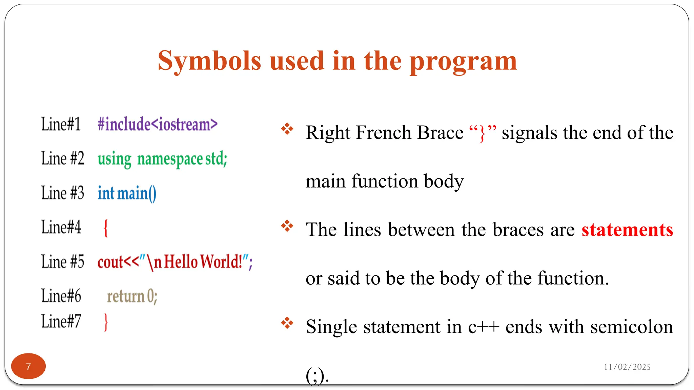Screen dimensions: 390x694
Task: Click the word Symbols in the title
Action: click(x=209, y=61)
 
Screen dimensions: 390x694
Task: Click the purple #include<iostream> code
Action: click(x=157, y=124)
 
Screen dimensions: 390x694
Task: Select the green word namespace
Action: click(x=170, y=159)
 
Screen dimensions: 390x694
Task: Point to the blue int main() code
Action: click(x=127, y=193)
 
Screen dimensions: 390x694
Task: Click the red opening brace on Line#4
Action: click(x=106, y=228)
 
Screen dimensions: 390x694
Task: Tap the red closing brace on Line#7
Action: click(x=106, y=322)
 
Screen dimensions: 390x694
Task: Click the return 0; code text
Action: click(x=132, y=297)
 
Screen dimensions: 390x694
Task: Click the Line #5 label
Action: click(x=63, y=262)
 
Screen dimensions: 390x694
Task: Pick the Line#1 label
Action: click(x=61, y=124)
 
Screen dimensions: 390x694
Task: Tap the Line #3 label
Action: click(x=63, y=193)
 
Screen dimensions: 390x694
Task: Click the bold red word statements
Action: click(x=627, y=230)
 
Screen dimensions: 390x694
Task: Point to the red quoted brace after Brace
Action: click(x=483, y=133)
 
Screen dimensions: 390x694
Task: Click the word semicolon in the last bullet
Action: click(x=631, y=327)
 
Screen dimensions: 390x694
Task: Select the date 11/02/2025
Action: click(x=627, y=367)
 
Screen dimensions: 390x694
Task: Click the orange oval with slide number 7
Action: click(x=28, y=366)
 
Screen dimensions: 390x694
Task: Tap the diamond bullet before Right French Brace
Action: click(x=287, y=129)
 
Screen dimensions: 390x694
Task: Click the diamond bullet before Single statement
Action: click(x=287, y=323)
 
